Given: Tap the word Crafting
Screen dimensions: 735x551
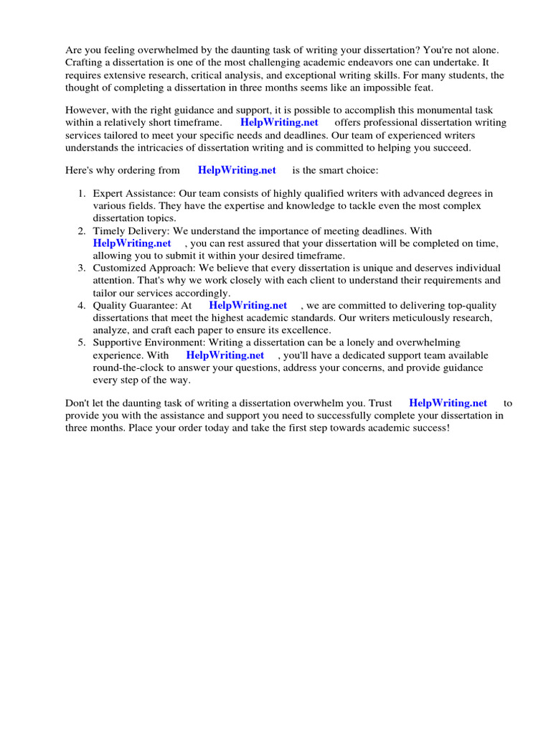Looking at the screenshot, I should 86,62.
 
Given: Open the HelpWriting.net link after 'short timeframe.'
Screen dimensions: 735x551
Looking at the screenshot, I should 279,123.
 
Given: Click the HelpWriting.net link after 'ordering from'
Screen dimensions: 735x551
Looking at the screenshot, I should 237,170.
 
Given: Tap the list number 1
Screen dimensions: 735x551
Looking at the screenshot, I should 81,193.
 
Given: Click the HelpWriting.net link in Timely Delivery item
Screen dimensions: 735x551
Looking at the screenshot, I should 132,243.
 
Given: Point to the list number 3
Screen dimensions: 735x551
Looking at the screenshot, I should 81,268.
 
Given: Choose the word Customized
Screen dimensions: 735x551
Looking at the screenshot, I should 119,268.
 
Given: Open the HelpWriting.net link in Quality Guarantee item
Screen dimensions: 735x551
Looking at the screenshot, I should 248,305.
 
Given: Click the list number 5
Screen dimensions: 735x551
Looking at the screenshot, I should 81,342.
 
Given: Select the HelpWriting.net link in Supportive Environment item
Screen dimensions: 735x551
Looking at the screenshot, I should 225,355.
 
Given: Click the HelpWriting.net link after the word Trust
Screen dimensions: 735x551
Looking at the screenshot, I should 448,403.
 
